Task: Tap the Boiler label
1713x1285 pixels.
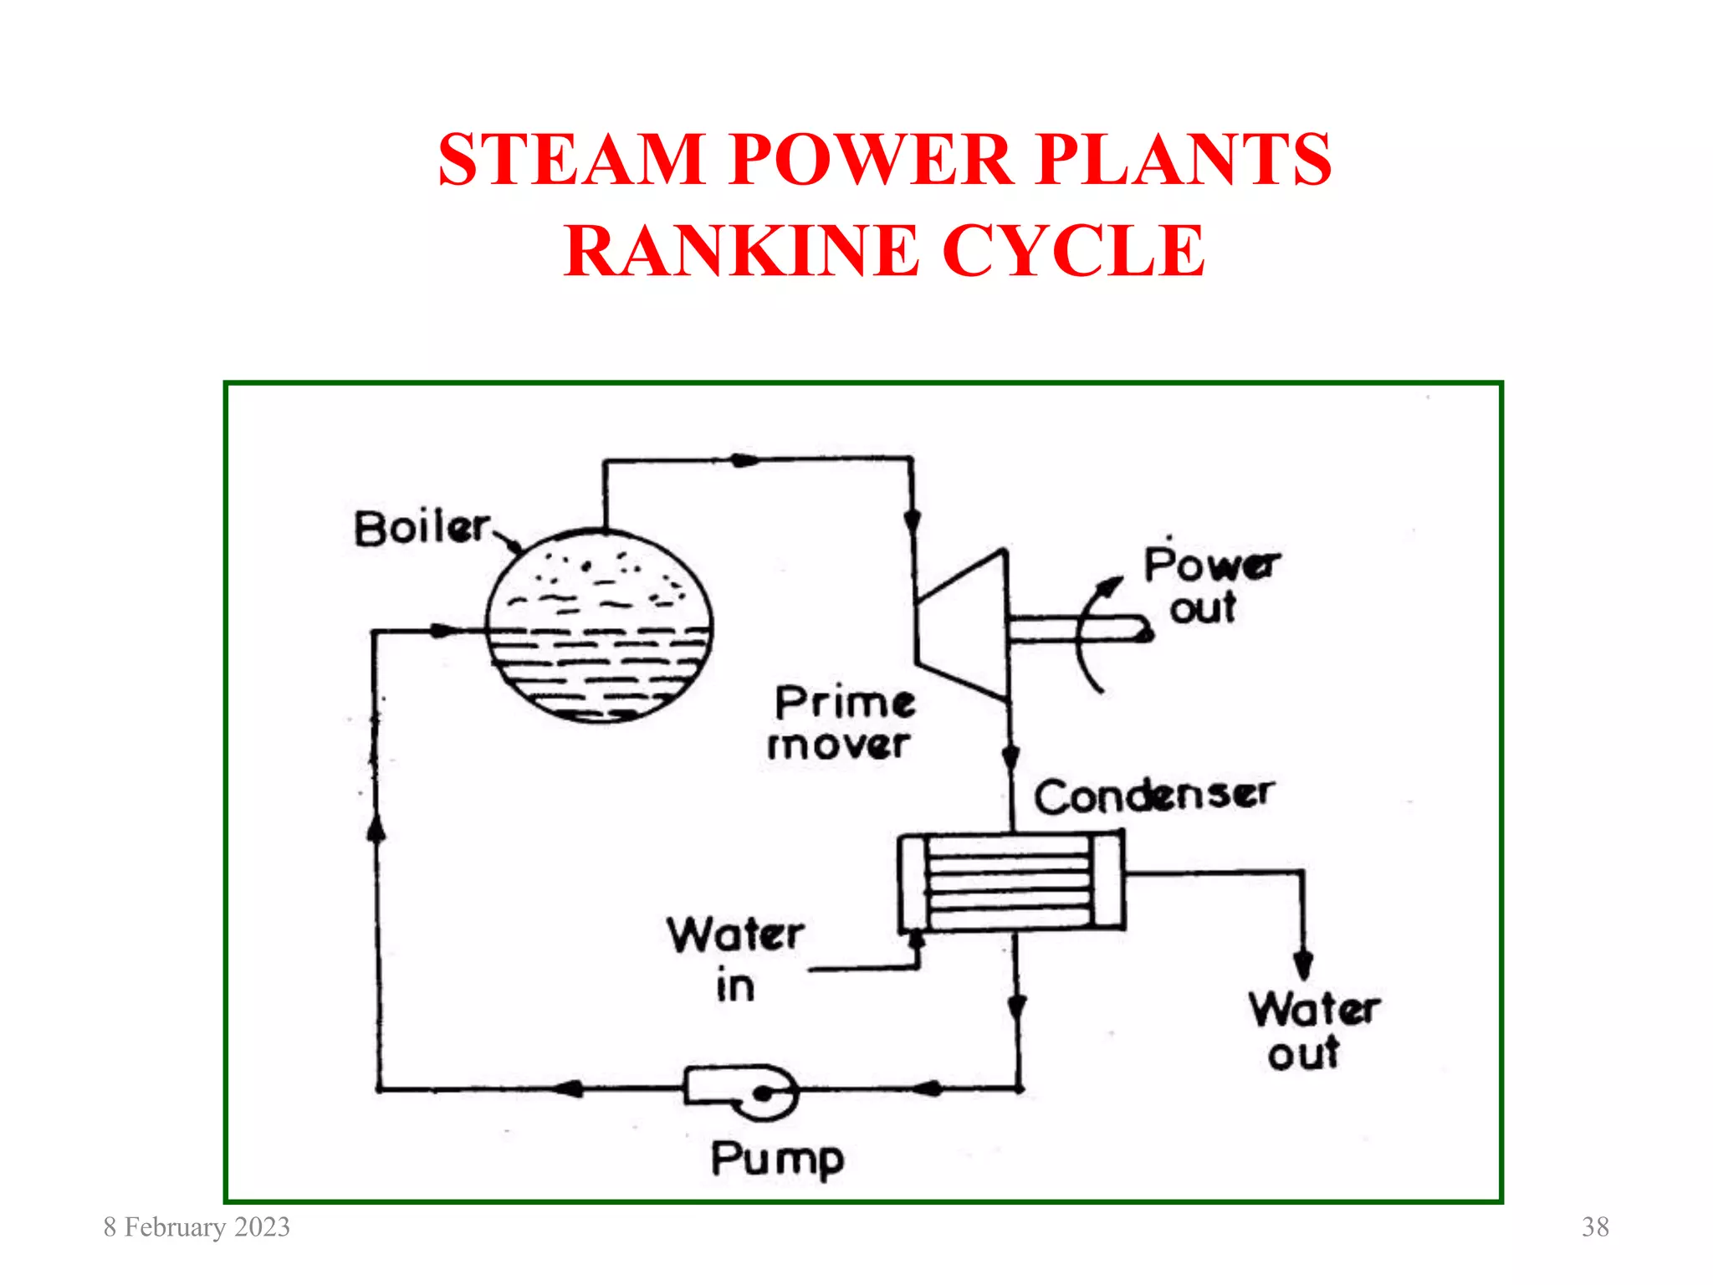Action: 422,529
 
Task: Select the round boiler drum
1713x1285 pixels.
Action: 599,626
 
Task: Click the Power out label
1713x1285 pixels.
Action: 1209,586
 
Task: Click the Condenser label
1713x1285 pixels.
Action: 1154,796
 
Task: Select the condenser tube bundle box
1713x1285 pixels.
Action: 1010,882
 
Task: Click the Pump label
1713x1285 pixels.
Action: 777,1160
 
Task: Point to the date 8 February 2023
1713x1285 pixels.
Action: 197,1227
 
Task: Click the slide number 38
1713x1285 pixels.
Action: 1595,1227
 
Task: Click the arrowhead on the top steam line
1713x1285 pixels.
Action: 743,460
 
